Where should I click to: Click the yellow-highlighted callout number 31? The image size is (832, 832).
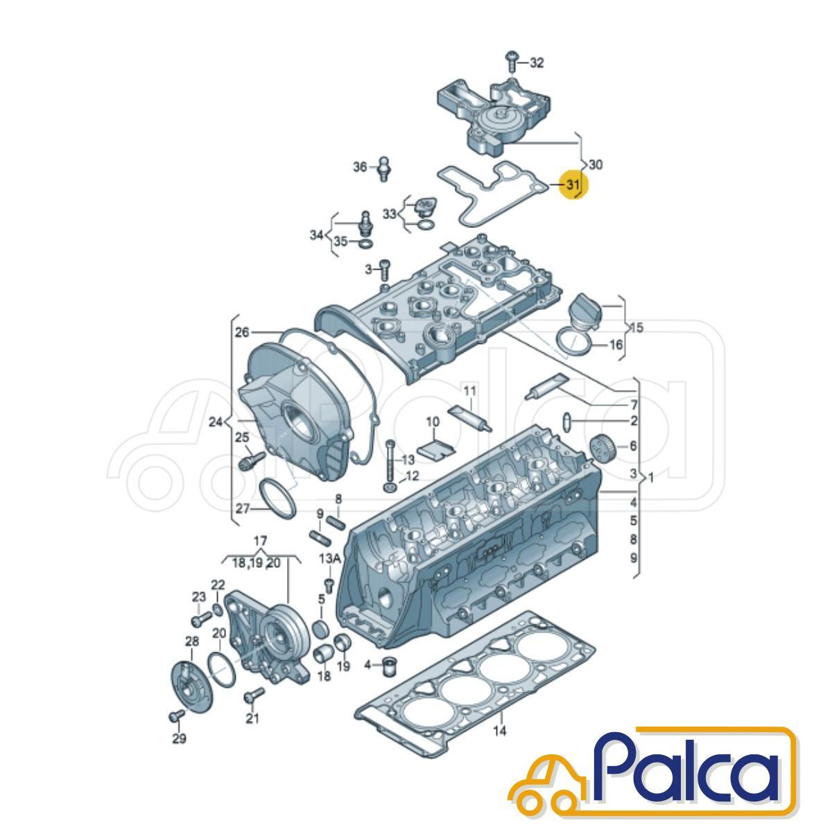573,185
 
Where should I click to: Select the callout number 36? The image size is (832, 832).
360,166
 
